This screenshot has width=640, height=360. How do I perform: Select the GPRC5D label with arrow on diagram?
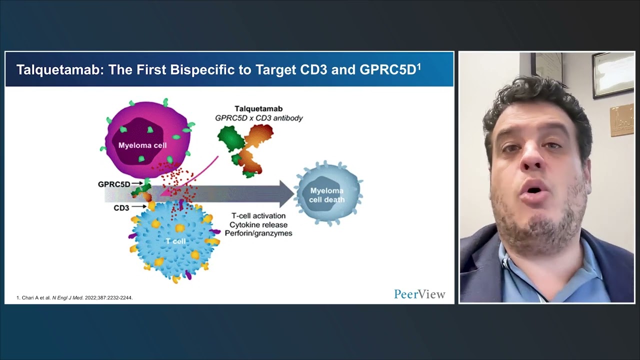[114, 184]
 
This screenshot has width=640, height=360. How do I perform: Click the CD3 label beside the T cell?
[121, 207]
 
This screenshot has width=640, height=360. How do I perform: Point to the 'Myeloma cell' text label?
[142, 145]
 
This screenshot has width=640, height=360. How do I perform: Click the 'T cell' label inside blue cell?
[175, 241]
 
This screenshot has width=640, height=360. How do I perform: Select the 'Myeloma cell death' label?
[326, 195]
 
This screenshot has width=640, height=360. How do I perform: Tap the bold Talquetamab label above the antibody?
[258, 108]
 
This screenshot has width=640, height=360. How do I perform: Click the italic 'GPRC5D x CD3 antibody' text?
[258, 118]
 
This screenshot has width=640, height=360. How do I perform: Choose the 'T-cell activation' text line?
[258, 215]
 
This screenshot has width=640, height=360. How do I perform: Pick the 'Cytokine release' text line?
[258, 224]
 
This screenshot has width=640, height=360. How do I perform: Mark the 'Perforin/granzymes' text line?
[258, 233]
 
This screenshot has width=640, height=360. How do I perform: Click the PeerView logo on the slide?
[419, 294]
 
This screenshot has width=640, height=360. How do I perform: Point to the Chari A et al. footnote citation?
[74, 297]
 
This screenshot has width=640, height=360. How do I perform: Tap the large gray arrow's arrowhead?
[286, 194]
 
